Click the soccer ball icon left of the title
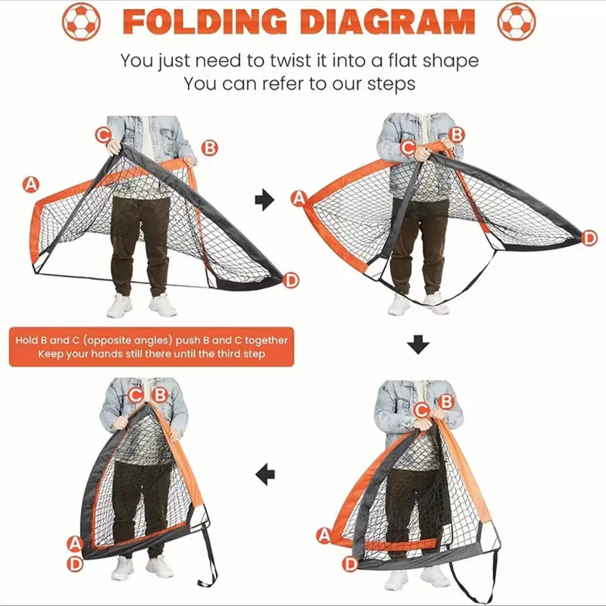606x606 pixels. [81, 21]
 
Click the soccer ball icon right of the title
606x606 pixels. [516, 21]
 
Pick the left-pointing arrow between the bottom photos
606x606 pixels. [265, 474]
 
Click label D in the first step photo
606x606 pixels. [291, 280]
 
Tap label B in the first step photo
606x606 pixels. [209, 148]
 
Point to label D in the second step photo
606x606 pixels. [589, 238]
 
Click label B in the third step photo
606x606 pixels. [446, 401]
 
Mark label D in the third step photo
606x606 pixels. [350, 564]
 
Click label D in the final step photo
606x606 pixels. [75, 564]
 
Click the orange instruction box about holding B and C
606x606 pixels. [151, 347]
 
